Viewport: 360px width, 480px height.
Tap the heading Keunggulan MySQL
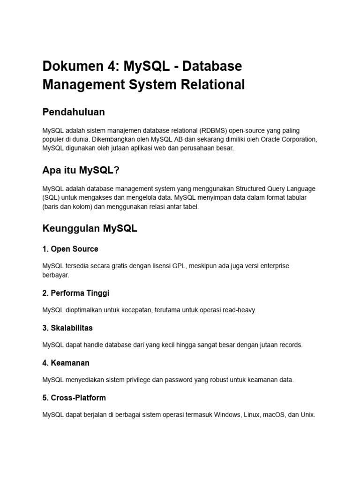(x=90, y=229)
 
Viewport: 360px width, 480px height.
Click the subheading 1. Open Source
(x=70, y=249)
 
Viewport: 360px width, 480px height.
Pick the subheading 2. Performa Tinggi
(x=75, y=293)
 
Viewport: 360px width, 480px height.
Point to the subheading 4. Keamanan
(x=66, y=363)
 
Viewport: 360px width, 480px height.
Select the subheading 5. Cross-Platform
(x=74, y=397)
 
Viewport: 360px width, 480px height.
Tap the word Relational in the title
(x=216, y=85)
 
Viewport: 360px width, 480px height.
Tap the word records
(x=292, y=345)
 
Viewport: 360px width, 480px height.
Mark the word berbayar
(x=55, y=275)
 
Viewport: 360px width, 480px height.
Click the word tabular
(x=296, y=197)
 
